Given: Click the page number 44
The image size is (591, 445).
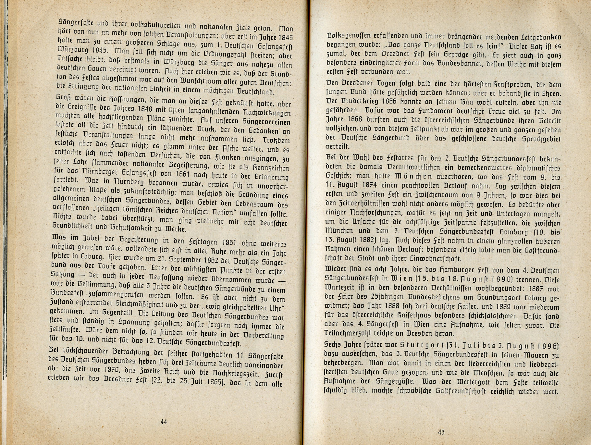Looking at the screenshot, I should [164, 422].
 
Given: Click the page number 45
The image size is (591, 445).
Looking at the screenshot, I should [441, 432].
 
